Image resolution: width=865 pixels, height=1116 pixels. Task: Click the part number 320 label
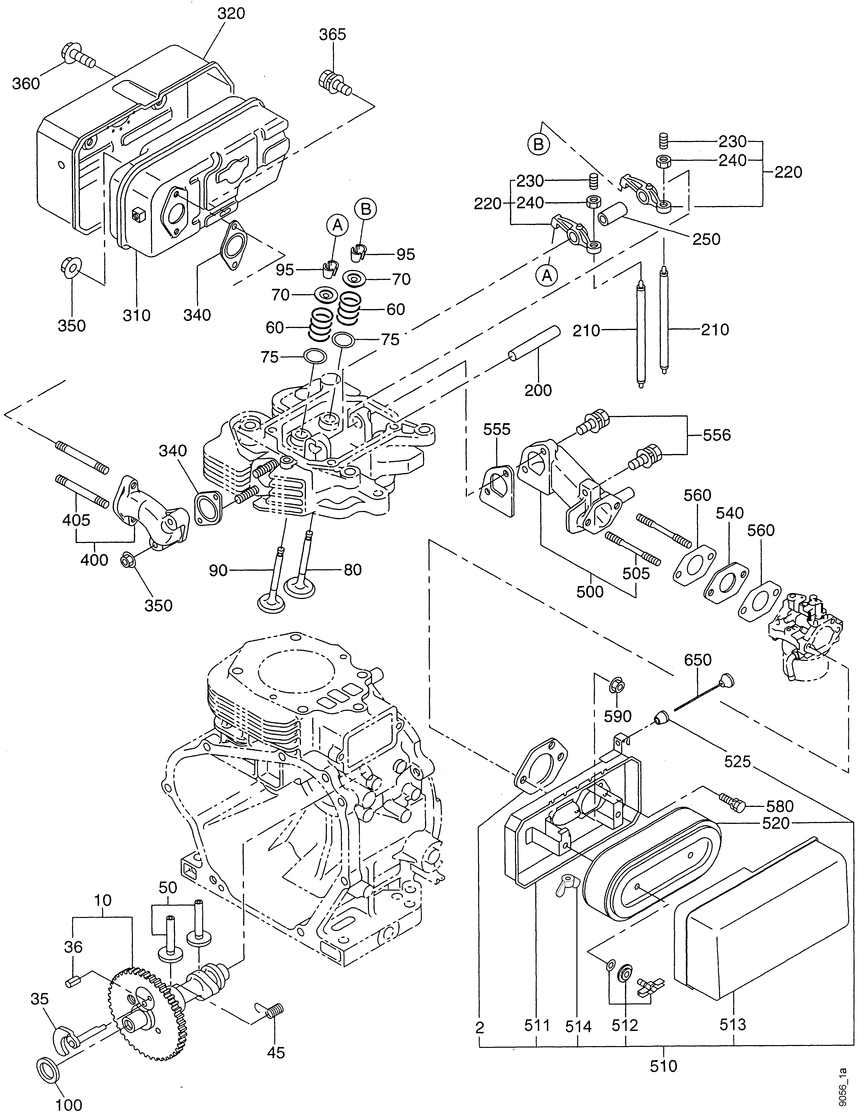[231, 14]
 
